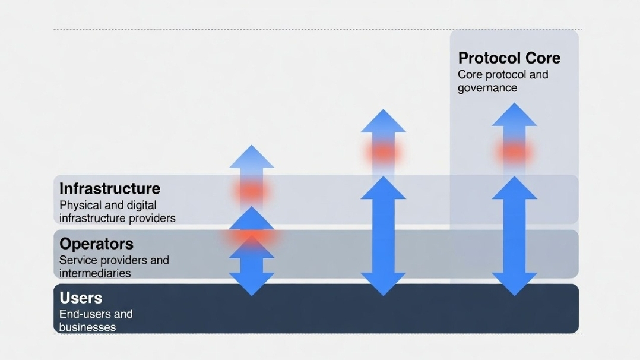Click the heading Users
click(81, 298)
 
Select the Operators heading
click(96, 244)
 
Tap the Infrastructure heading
click(110, 188)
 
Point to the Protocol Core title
click(509, 58)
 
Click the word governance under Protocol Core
click(487, 88)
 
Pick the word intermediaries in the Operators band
click(95, 273)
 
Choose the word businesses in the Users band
click(87, 327)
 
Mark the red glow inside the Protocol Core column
click(514, 152)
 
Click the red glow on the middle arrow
click(383, 152)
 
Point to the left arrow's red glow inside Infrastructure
click(252, 191)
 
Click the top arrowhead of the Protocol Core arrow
click(514, 115)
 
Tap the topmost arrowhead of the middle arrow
click(383, 122)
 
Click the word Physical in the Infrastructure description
click(81, 205)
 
